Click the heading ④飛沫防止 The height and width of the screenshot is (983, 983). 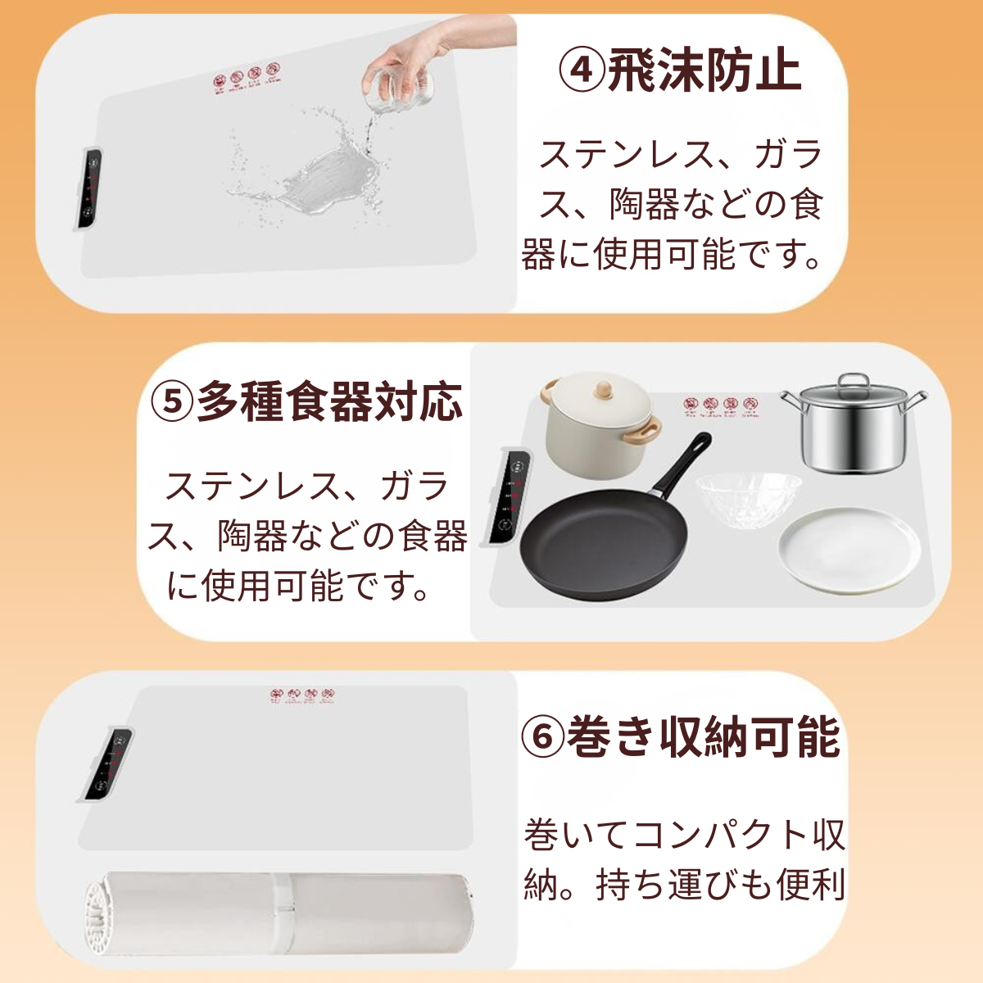(679, 71)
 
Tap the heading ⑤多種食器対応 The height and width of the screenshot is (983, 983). (307, 401)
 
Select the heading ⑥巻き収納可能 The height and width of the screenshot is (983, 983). (681, 736)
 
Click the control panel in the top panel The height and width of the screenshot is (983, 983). (90, 188)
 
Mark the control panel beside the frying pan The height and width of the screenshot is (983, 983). (508, 496)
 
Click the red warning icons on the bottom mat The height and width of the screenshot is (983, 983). (303, 696)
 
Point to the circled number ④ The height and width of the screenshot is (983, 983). (582, 71)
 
